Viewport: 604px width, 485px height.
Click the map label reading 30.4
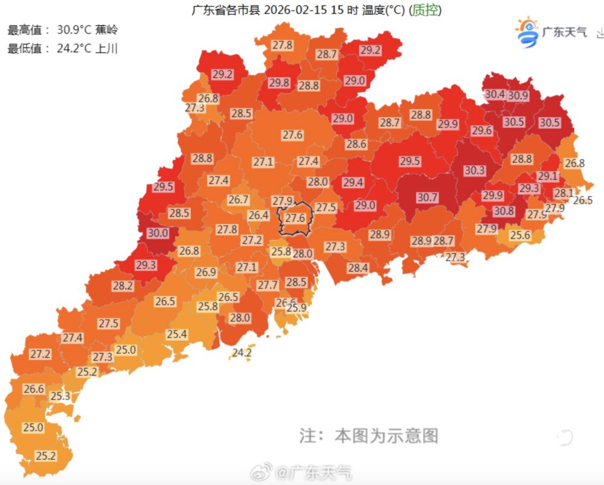click(x=495, y=94)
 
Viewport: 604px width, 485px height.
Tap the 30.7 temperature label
click(x=427, y=197)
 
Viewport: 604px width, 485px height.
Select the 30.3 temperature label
click(x=475, y=171)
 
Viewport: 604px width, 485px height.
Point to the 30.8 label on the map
click(x=503, y=211)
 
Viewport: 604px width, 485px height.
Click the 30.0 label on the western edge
click(x=158, y=233)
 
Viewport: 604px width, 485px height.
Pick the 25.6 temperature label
click(x=521, y=235)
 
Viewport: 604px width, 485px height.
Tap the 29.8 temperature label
click(x=279, y=83)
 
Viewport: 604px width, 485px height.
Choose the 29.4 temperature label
click(x=353, y=182)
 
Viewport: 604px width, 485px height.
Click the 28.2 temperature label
click(x=123, y=286)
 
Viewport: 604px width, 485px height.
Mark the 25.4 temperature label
click(x=177, y=334)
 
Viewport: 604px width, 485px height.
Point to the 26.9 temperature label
click(x=206, y=272)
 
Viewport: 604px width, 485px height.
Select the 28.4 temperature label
click(x=358, y=267)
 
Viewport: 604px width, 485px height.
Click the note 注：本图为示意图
click(x=368, y=436)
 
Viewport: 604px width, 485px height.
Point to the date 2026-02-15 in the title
click(x=296, y=11)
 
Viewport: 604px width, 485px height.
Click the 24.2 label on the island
click(x=242, y=353)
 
